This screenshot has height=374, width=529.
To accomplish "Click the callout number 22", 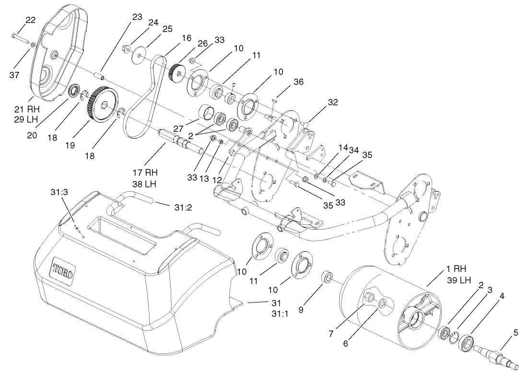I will point(30,20).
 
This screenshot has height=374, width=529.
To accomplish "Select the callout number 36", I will point(298,82).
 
